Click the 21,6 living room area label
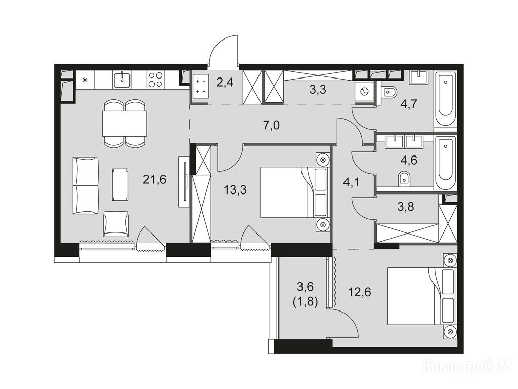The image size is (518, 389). pyautogui.click(x=155, y=180)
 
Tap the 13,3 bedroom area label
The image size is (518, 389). pyautogui.click(x=235, y=190)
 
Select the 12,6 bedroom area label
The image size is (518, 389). pyautogui.click(x=359, y=292)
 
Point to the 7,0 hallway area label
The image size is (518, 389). pyautogui.click(x=272, y=125)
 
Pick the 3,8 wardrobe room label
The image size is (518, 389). pyautogui.click(x=406, y=207)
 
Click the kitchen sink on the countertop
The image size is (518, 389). pyautogui.click(x=122, y=80)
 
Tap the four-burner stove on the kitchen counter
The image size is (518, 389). pyautogui.click(x=155, y=80)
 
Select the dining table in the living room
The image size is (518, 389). pyautogui.click(x=124, y=124)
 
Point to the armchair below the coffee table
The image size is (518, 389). pyautogui.click(x=116, y=224)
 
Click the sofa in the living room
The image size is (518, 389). pyautogui.click(x=85, y=185)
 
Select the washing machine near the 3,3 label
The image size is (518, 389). pyautogui.click(x=365, y=92)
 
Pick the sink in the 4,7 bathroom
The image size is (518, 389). pyautogui.click(x=418, y=78)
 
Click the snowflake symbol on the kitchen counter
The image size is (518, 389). pyautogui.click(x=85, y=80)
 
